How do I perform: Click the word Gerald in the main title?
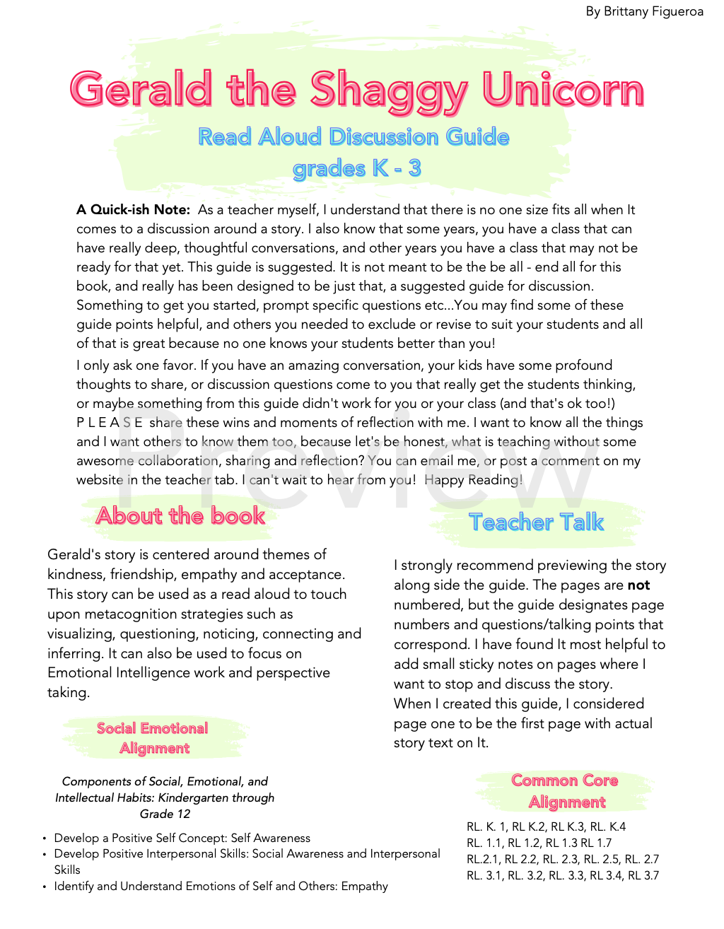tap(141, 90)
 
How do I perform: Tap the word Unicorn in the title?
tap(563, 90)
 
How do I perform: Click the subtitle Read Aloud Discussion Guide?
tap(354, 136)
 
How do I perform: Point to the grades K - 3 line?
tap(356, 168)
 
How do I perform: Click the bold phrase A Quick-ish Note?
tap(133, 210)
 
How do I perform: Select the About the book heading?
tap(180, 515)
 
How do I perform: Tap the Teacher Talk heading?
tap(536, 522)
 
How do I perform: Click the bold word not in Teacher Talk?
tap(638, 585)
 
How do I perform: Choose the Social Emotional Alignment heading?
tap(153, 738)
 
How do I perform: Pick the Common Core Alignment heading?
tap(565, 791)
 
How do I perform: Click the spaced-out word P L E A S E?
tap(110, 423)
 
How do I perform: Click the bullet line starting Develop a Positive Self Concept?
tap(182, 839)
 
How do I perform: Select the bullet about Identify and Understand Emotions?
tap(221, 887)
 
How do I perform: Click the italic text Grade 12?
tap(165, 814)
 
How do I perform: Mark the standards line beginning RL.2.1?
tap(563, 860)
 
